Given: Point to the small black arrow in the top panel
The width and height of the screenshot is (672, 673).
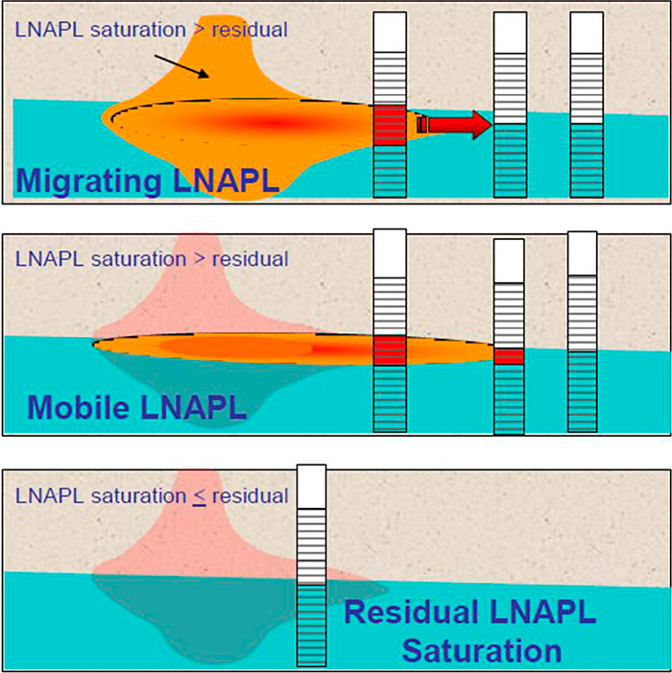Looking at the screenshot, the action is (181, 66).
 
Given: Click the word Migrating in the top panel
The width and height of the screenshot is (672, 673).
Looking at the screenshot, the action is (88, 181).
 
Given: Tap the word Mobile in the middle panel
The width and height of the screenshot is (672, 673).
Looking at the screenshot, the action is (78, 406).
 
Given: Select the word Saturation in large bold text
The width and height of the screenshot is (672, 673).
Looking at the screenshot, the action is (482, 651).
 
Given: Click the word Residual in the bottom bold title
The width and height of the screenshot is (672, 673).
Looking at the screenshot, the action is (412, 612).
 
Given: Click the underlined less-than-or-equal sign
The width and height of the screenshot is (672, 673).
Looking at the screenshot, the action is (199, 496).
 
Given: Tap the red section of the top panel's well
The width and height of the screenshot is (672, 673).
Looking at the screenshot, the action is (390, 126).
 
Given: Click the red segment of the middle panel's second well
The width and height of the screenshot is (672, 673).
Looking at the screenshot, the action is (509, 356).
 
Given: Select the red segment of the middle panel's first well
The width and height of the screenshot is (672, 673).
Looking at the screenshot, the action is (390, 350).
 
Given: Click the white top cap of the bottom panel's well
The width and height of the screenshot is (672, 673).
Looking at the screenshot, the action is (312, 487).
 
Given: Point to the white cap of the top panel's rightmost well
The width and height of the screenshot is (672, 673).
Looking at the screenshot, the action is (587, 33).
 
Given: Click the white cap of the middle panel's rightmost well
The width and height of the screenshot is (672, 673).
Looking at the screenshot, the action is (583, 253).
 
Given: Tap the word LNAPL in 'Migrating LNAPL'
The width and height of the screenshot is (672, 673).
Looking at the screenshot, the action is (227, 180).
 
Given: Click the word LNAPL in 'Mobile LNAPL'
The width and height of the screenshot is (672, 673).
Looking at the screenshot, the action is (194, 406).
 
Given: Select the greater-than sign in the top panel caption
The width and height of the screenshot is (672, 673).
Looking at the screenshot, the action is (199, 30).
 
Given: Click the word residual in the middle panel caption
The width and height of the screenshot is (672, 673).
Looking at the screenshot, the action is (251, 259).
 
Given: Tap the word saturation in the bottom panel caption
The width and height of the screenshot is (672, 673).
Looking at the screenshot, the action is (138, 496).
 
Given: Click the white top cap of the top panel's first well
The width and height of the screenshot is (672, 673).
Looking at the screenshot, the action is (390, 33).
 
